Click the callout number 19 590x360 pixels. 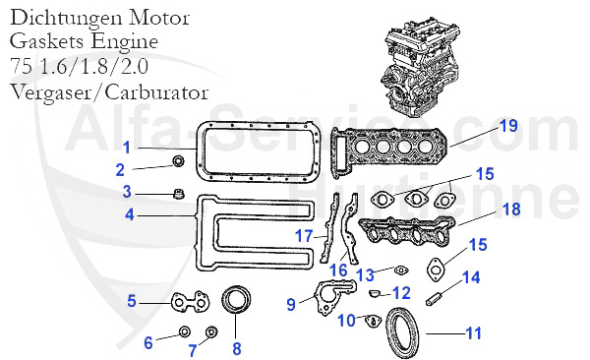[507, 126]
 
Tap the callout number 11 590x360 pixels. [473, 333]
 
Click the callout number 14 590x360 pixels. [471, 277]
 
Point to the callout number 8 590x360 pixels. [236, 347]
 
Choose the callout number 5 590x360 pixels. [131, 301]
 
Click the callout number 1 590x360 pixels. [127, 147]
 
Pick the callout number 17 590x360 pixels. [305, 235]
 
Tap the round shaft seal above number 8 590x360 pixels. [236, 298]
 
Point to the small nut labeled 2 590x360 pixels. [178, 162]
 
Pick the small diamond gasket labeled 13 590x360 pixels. [399, 270]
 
